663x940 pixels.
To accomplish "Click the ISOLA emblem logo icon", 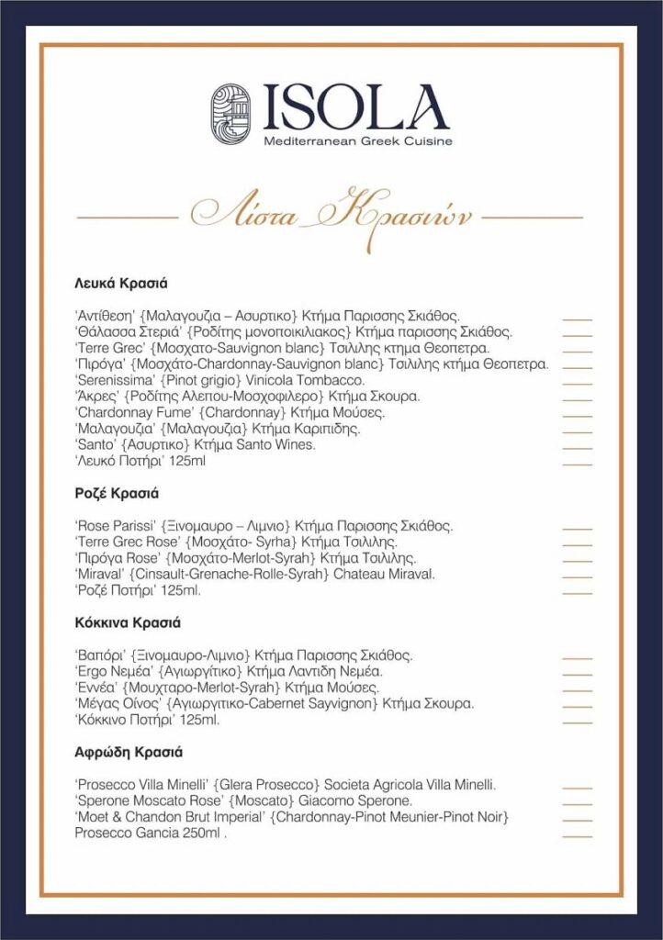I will click(x=231, y=114).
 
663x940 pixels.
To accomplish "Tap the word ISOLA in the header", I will click(x=356, y=107).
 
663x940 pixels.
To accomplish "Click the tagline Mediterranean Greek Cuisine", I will click(x=357, y=140).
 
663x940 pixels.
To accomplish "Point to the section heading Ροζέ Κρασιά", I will click(x=118, y=493).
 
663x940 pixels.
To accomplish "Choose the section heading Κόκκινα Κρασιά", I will click(x=127, y=623).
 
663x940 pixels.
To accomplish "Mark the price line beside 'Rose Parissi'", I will click(x=577, y=526).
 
